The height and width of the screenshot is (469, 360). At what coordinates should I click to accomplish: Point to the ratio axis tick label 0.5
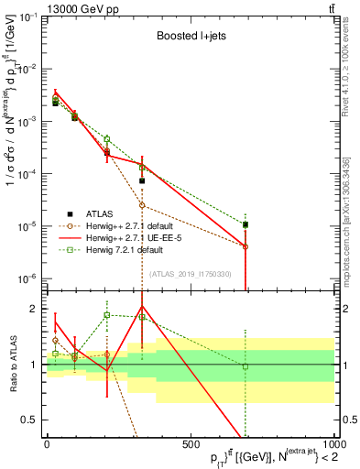pos(29,420)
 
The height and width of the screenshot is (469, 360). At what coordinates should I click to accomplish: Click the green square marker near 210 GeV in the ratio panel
pos(107,315)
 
